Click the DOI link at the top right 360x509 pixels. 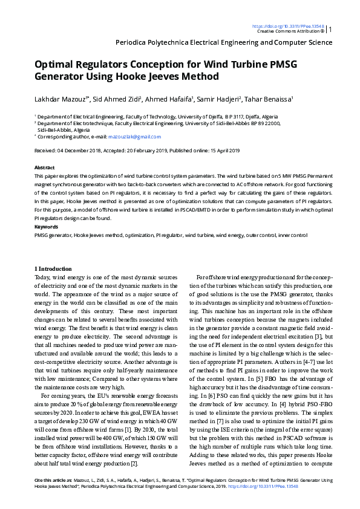287,27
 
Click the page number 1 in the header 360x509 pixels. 330,28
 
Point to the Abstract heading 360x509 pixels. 45,167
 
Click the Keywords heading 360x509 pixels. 46,226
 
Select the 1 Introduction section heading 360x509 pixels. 53,268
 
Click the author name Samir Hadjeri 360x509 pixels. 220,98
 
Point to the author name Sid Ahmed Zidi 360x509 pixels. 117,98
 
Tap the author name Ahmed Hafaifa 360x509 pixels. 169,98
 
